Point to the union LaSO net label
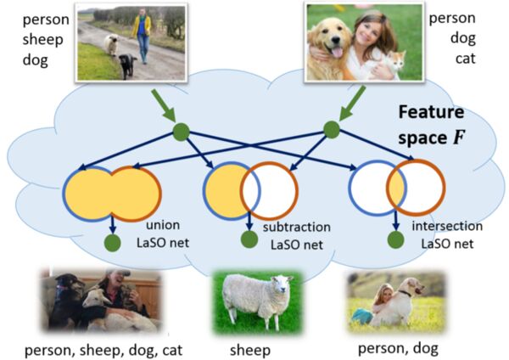click(160, 235)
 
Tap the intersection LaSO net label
click(446, 235)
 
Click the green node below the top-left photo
click(180, 132)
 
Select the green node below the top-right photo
click(331, 129)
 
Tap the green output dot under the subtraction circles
click(249, 240)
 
